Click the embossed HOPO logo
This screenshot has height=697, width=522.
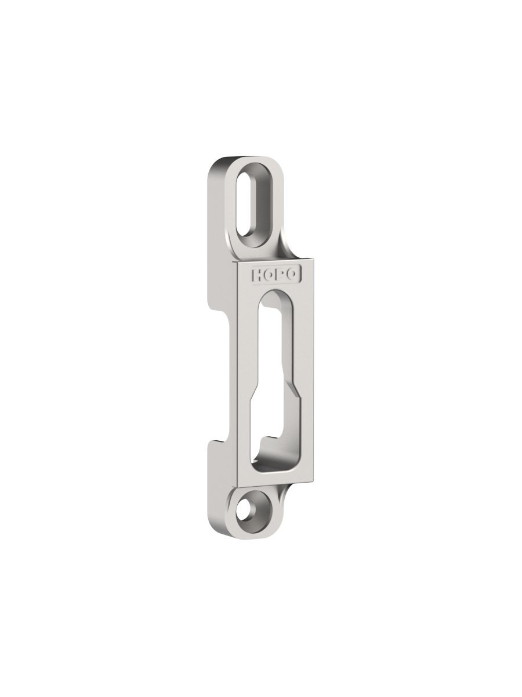[275, 275]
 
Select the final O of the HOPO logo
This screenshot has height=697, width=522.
[291, 274]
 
